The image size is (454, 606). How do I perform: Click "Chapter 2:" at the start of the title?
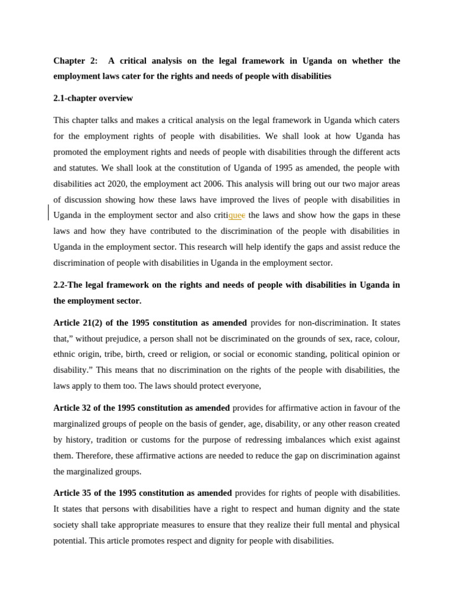pos(76,61)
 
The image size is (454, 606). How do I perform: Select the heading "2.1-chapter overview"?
pos(93,98)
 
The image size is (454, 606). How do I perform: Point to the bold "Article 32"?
pos(73,408)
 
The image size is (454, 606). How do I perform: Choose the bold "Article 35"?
pos(73,493)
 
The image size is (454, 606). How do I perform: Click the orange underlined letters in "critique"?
pos(235,215)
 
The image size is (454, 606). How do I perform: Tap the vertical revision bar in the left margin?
pos(48,212)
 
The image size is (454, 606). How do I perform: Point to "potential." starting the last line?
pos(70,541)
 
